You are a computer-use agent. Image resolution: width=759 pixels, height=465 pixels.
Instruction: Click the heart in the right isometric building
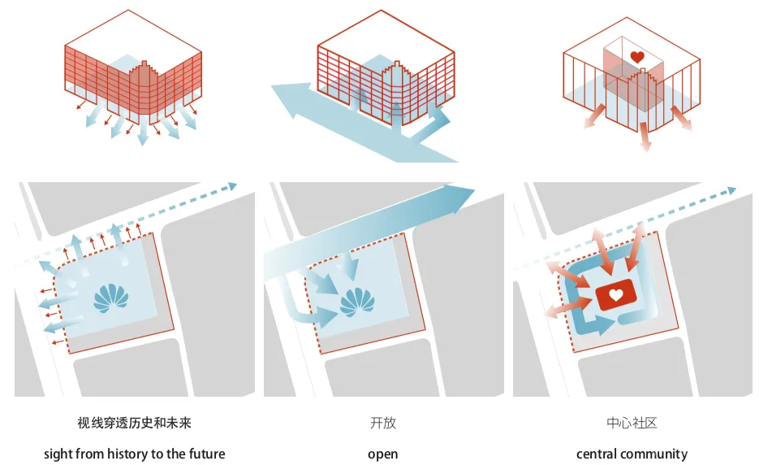[637, 58]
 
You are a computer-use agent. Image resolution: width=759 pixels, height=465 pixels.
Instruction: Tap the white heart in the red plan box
[616, 296]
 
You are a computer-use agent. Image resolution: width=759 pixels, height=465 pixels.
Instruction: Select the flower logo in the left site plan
[112, 298]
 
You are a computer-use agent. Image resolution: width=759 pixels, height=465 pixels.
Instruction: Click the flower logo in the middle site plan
[356, 302]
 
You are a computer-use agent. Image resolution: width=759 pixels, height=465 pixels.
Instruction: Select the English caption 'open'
[382, 454]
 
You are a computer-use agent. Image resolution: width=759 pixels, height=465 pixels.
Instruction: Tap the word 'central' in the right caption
[597, 454]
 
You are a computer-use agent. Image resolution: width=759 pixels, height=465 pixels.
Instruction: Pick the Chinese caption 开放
[382, 424]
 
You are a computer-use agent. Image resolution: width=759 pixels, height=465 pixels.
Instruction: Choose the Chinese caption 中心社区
[632, 424]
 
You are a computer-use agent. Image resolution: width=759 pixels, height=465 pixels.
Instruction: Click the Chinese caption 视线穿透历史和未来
[135, 424]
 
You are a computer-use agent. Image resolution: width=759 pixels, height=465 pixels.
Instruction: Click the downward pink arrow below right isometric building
[645, 145]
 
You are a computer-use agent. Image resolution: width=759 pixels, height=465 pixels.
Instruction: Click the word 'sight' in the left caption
[58, 454]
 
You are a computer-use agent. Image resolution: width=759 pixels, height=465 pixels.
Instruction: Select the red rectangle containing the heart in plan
[616, 298]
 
